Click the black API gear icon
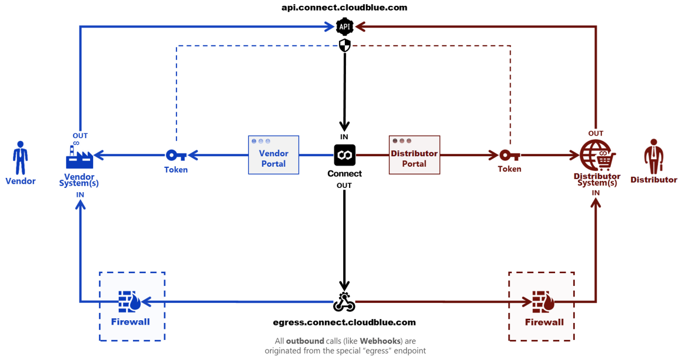point(344,26)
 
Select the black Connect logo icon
point(344,155)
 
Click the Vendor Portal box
point(274,155)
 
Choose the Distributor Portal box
point(414,155)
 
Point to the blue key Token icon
point(176,155)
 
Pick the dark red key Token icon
point(510,155)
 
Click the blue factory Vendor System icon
point(79,157)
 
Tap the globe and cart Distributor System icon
point(596,155)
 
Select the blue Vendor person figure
point(21,158)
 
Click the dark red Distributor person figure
point(653,157)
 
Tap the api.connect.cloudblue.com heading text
point(344,7)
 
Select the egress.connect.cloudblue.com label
point(344,322)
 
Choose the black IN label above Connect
point(344,137)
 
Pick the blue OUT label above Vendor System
point(80,136)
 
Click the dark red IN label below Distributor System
point(596,193)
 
